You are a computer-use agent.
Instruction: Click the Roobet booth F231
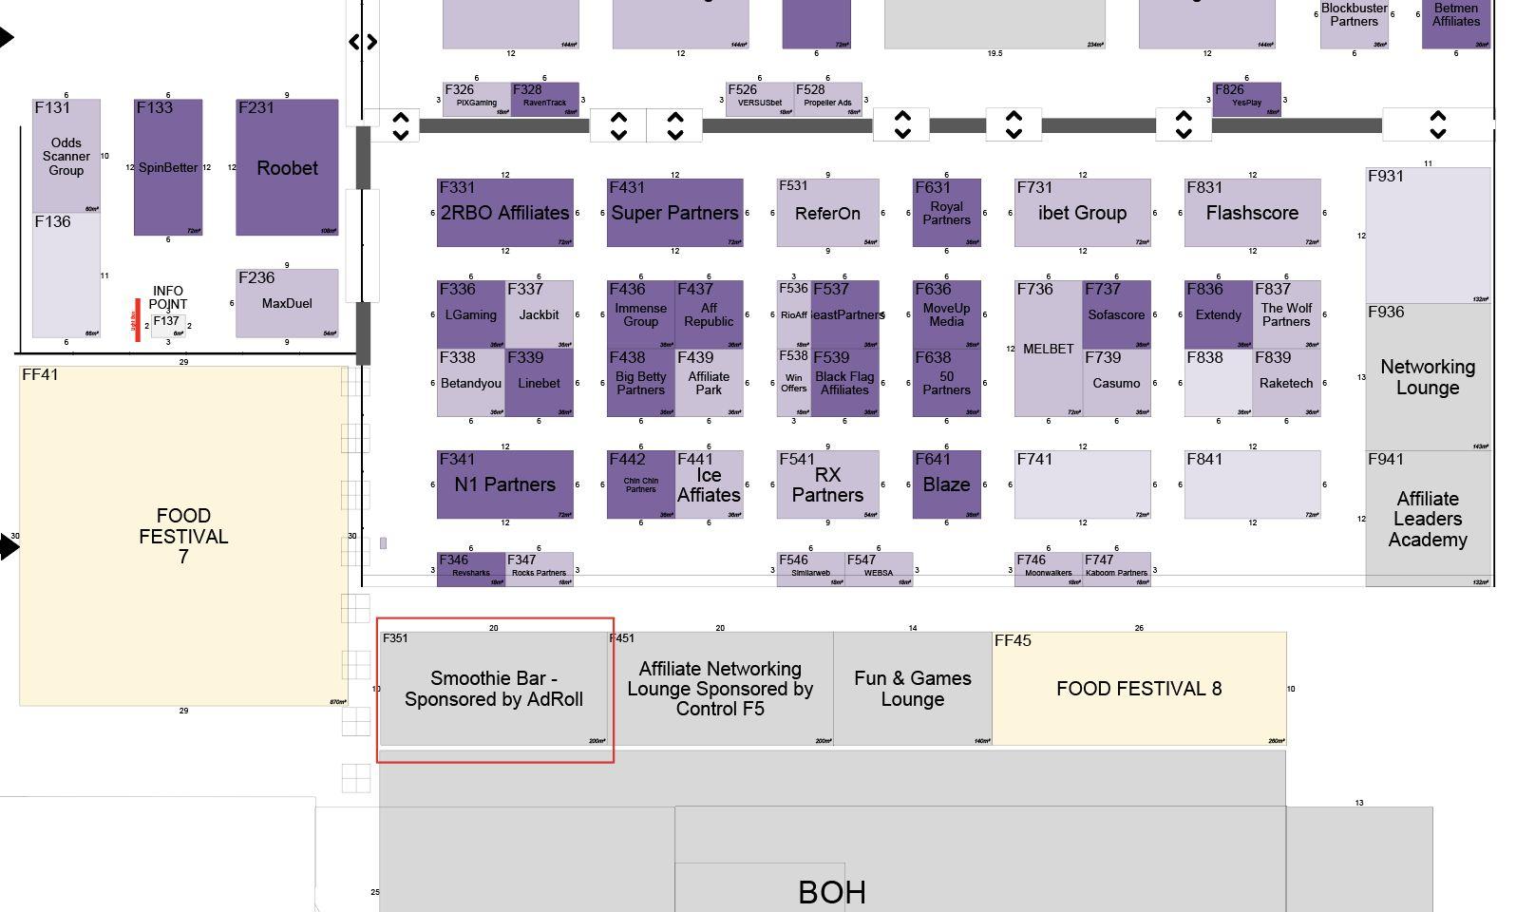click(287, 168)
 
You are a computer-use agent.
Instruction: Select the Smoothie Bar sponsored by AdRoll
click(493, 689)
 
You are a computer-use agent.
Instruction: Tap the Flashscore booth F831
click(1252, 213)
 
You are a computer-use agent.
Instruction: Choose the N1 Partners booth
click(504, 484)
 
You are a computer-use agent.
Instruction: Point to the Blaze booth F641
click(946, 484)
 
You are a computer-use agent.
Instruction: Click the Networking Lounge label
click(1427, 377)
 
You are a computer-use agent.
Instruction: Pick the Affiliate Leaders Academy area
click(1427, 519)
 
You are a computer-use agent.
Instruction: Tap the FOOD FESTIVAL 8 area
click(1138, 689)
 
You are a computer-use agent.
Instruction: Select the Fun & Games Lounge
click(912, 689)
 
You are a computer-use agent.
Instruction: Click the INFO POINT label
click(167, 297)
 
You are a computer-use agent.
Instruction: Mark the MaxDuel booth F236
click(286, 304)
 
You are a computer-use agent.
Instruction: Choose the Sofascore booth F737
click(1116, 314)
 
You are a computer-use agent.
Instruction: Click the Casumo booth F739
click(1116, 384)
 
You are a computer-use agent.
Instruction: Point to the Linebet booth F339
click(539, 384)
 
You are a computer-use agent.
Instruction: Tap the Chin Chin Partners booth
click(640, 485)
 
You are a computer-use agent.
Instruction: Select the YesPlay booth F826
click(1246, 100)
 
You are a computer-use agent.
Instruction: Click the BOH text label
click(831, 892)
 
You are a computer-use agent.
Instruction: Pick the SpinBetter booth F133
click(168, 168)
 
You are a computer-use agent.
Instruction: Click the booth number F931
click(1385, 176)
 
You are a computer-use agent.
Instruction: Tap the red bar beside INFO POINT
click(138, 320)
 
